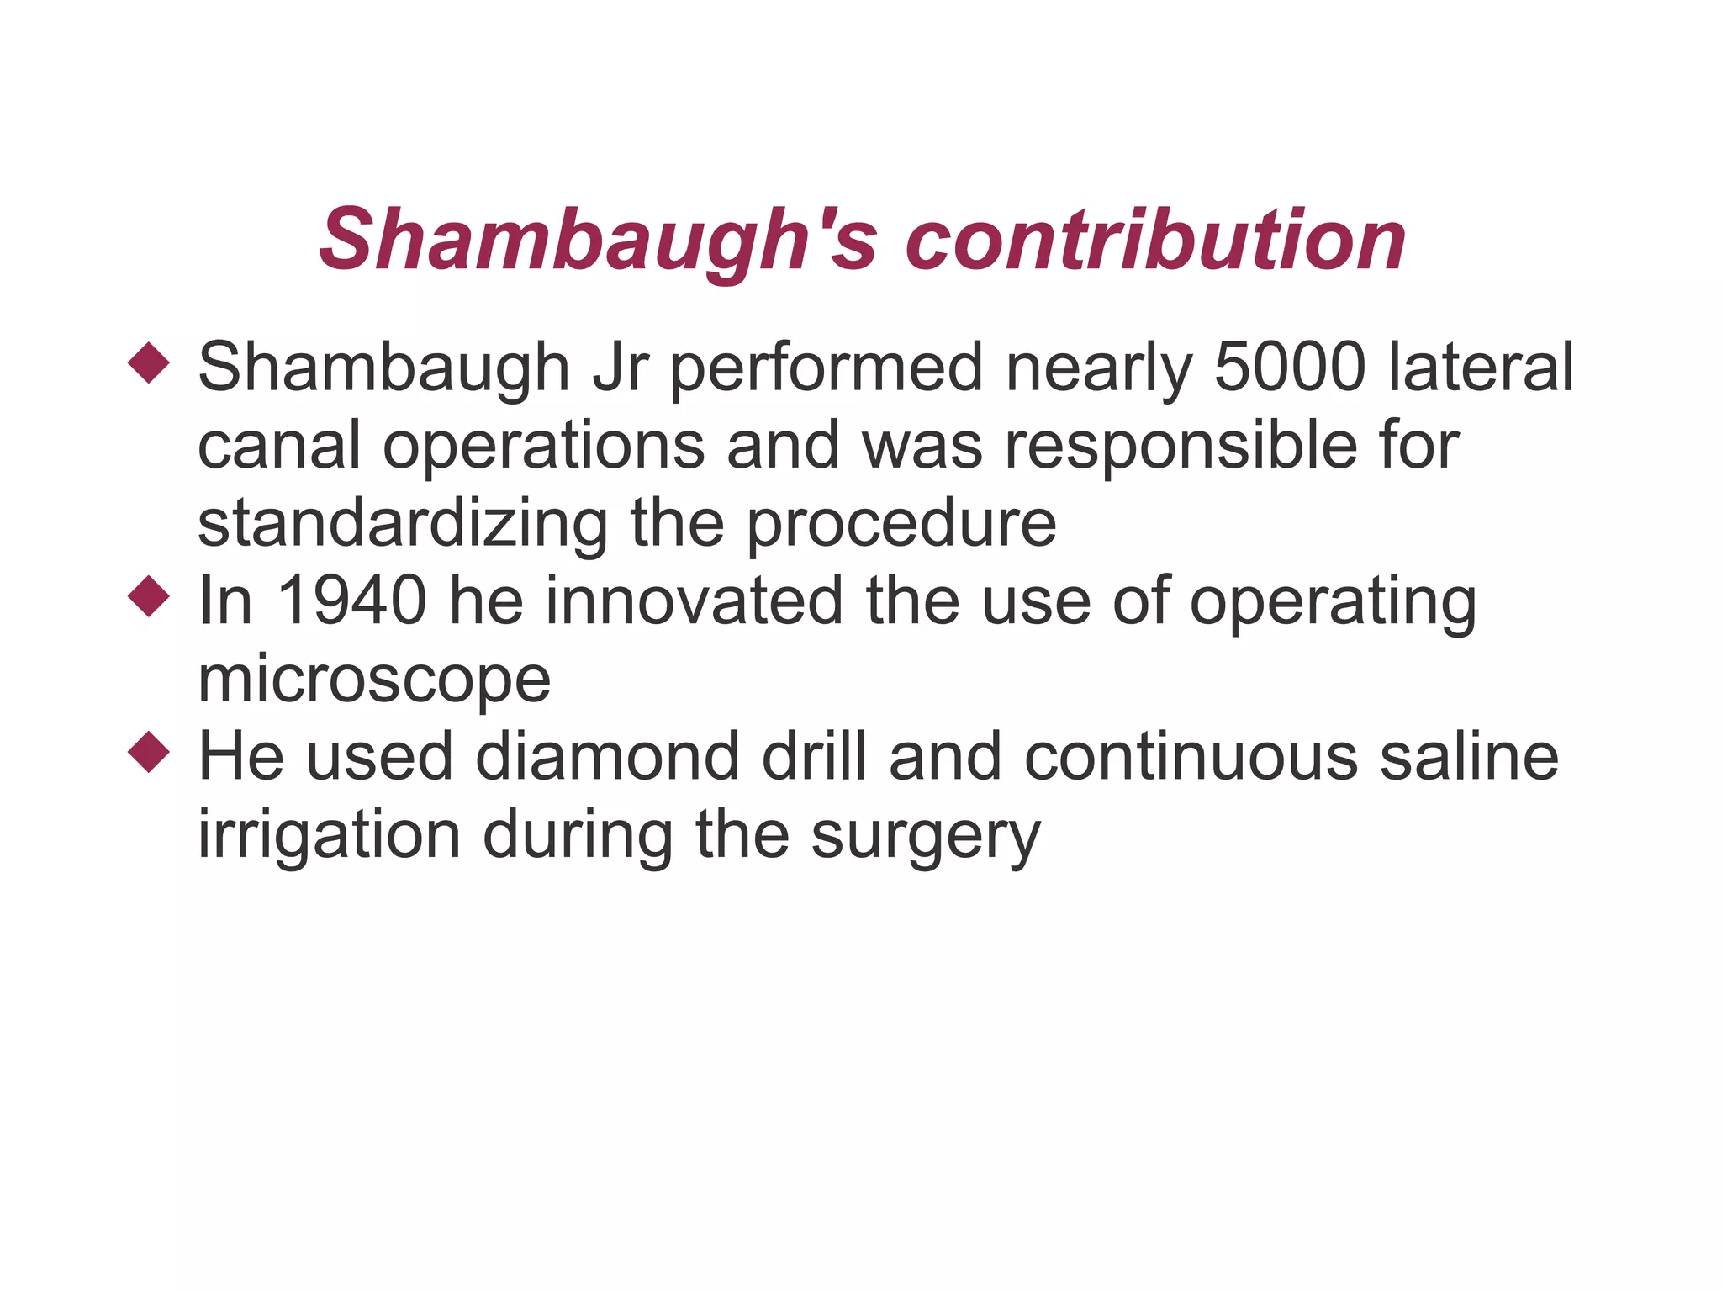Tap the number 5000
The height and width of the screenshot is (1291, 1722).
tap(1290, 368)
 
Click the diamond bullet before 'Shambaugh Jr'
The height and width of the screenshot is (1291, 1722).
tap(149, 362)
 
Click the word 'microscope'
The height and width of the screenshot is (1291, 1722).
tap(374, 679)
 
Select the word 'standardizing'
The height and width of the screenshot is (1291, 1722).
tap(403, 523)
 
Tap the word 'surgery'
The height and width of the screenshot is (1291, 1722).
tap(925, 837)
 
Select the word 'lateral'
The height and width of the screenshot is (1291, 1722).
tap(1480, 368)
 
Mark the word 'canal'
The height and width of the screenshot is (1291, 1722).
tap(279, 446)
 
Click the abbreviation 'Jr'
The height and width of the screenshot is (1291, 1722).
tap(621, 368)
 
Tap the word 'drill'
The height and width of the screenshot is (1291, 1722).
tap(814, 756)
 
